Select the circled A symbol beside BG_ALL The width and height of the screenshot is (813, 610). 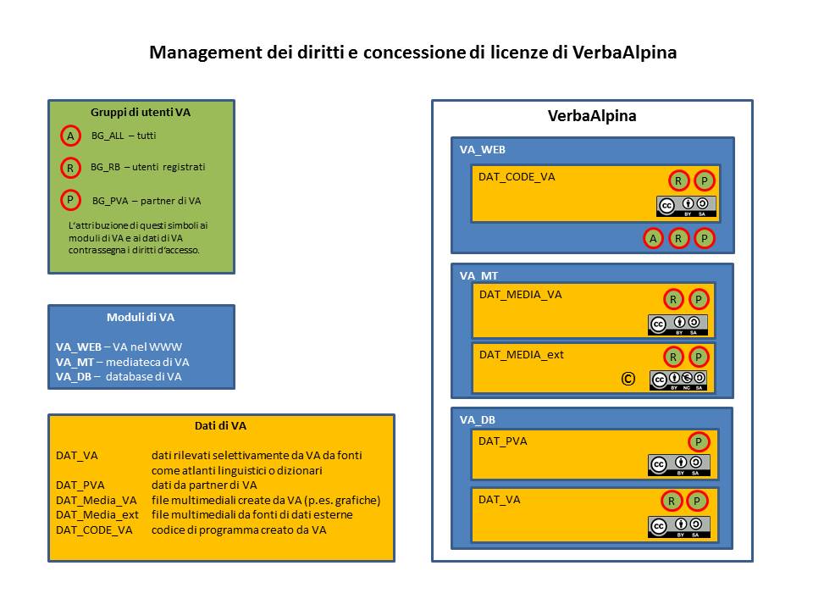pyautogui.click(x=70, y=136)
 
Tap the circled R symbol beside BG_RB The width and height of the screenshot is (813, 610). pyautogui.click(x=70, y=168)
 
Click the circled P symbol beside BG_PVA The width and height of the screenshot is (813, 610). pyautogui.click(x=70, y=201)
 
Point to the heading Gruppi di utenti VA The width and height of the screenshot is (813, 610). pyautogui.click(x=141, y=112)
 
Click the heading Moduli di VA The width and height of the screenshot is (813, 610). pyautogui.click(x=141, y=317)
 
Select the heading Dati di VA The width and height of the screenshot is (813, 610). pyautogui.click(x=220, y=426)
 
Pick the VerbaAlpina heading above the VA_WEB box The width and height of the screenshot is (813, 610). pyautogui.click(x=592, y=116)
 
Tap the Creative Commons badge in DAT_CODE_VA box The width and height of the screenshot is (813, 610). pyautogui.click(x=685, y=206)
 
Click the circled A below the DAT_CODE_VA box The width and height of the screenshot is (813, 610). pyautogui.click(x=653, y=239)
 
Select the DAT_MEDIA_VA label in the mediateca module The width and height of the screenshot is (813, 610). pyautogui.click(x=520, y=295)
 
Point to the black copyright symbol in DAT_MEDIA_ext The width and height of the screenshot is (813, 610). pyautogui.click(x=628, y=380)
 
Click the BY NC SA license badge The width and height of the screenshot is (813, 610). pyautogui.click(x=677, y=380)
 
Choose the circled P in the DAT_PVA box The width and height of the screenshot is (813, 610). pyautogui.click(x=699, y=441)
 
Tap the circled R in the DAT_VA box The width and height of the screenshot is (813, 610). pyautogui.click(x=672, y=501)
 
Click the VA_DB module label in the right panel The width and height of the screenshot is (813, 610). pyautogui.click(x=478, y=419)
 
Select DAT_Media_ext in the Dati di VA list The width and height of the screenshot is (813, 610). pyautogui.click(x=97, y=514)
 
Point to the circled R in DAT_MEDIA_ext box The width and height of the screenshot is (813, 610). pyautogui.click(x=672, y=357)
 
